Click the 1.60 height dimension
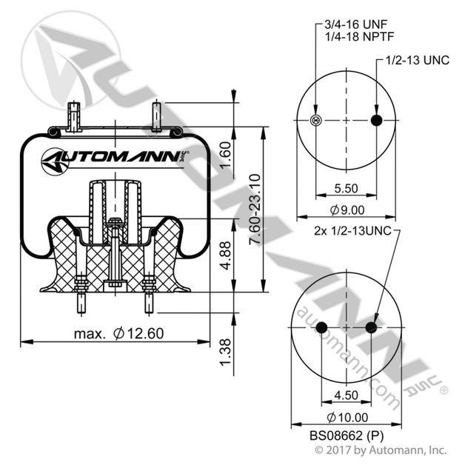coord(227,155)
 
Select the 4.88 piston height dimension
coord(227,254)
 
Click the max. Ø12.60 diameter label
coord(118,333)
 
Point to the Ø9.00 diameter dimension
coord(347,210)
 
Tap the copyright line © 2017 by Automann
coord(381,450)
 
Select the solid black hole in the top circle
coord(376,121)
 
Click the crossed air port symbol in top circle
coord(316,121)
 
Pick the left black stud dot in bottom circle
coord(321,327)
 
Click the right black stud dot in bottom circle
coord(371,327)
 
